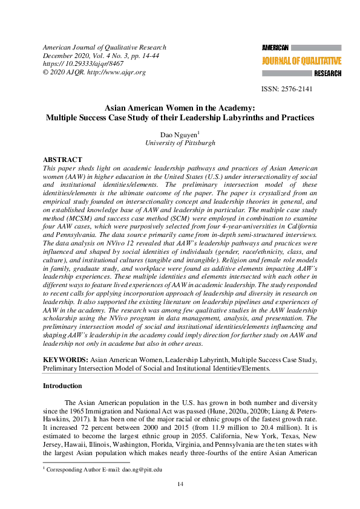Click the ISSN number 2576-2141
[296, 89]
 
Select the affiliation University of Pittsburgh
[180, 143]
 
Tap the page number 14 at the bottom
[180, 484]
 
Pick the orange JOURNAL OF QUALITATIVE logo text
[301, 60]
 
